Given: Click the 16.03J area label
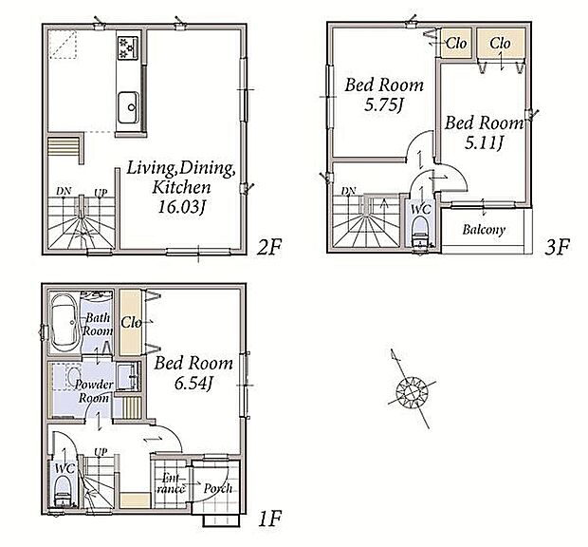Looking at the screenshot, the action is (x=182, y=207).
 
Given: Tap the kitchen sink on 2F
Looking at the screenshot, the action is (x=129, y=107).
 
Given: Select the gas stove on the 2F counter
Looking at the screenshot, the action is (x=128, y=47).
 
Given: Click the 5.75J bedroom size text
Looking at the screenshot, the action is (x=384, y=104).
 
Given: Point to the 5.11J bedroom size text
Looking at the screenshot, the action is (x=484, y=142).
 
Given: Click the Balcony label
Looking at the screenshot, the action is (x=484, y=230).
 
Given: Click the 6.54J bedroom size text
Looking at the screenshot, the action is (x=193, y=383).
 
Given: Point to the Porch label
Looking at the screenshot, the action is (x=217, y=488).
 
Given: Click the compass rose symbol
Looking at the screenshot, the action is (x=412, y=390).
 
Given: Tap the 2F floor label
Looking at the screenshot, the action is (x=269, y=247).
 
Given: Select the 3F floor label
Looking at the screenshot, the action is (x=558, y=247).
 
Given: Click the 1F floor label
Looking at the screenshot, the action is (x=270, y=519).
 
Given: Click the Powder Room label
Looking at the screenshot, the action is (x=94, y=391).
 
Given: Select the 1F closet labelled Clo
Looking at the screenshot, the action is (x=131, y=323).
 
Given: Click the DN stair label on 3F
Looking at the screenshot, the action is (x=348, y=191).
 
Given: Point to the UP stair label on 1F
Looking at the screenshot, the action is (x=101, y=452).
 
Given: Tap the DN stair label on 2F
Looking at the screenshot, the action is (x=64, y=191).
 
